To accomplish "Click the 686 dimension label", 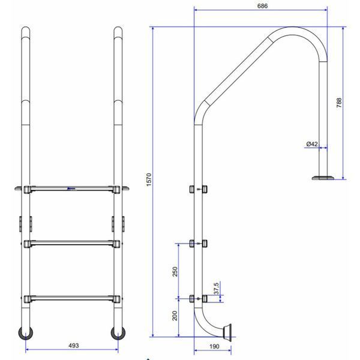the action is pos(262,6).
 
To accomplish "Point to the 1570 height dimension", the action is pos(149,180).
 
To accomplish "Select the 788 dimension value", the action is pos(339,103).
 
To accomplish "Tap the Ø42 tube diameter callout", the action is pos(312,144).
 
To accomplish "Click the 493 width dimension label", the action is pos(74,346).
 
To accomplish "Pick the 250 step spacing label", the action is pos(175,272).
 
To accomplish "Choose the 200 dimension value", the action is pos(175,316).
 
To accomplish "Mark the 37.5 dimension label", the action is pos(216,289).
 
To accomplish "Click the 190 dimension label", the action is pos(214,346).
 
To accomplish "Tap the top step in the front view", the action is pos(71,189).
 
